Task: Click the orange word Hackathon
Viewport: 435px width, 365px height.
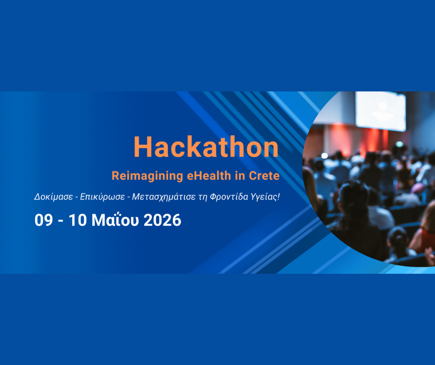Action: [206, 147]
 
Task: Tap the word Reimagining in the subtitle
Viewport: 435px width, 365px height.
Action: [147, 176]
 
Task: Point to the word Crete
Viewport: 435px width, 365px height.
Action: [264, 176]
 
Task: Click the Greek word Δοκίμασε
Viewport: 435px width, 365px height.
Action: [54, 197]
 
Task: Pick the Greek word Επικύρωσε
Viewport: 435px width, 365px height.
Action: [102, 197]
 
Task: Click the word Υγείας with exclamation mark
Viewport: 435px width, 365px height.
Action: [265, 197]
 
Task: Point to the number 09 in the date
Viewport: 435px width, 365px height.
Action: [43, 220]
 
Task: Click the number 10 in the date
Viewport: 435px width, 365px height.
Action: [78, 220]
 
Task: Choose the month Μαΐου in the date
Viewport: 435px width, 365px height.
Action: [115, 220]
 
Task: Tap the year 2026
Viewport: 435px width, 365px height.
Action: [162, 220]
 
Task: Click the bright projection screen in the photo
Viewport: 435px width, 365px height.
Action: [380, 111]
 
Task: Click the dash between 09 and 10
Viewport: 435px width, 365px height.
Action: [61, 221]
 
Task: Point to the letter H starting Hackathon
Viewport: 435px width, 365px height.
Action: [143, 147]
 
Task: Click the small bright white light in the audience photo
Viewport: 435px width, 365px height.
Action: [324, 156]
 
